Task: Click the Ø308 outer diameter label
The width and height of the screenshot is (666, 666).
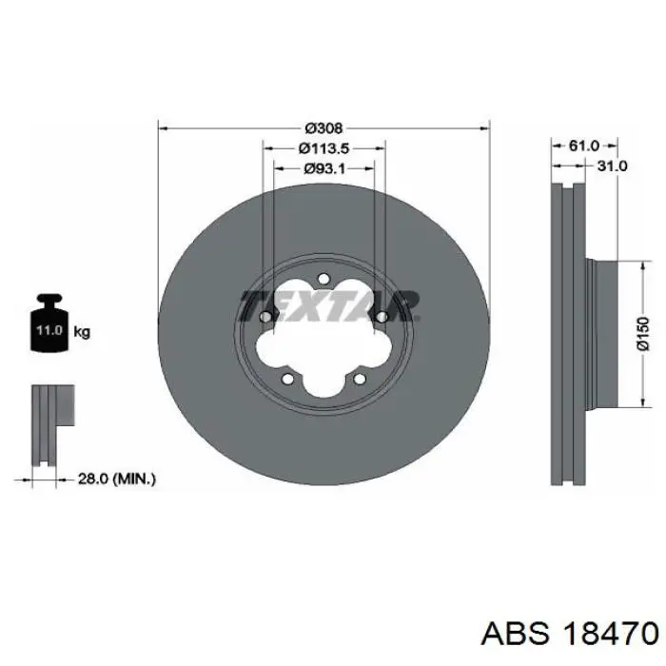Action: (x=323, y=127)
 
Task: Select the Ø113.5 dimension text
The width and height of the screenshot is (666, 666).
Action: (x=324, y=148)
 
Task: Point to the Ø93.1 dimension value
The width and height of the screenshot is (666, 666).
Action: (x=324, y=168)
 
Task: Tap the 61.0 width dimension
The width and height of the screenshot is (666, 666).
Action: (x=583, y=146)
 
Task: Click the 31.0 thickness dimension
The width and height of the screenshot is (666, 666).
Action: (x=612, y=166)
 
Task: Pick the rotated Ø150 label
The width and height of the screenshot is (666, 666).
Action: (x=643, y=333)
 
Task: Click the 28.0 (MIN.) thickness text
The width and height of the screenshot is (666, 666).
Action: (x=117, y=480)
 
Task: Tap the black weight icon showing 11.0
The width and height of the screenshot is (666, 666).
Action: (x=49, y=323)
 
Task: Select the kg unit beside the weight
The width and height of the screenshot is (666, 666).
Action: (x=82, y=331)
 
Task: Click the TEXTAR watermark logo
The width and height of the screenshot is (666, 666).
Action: (x=329, y=305)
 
